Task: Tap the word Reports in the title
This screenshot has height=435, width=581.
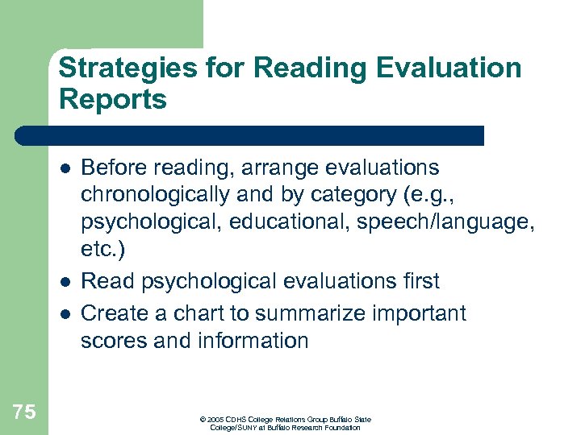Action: pyautogui.click(x=112, y=99)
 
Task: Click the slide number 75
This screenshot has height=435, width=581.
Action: pyautogui.click(x=24, y=412)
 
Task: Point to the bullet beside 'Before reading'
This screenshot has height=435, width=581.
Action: pyautogui.click(x=65, y=168)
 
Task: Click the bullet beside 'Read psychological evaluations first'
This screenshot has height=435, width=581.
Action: pyautogui.click(x=65, y=282)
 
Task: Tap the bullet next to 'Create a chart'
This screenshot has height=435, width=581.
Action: pyautogui.click(x=65, y=313)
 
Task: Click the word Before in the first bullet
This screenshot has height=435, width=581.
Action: pyautogui.click(x=115, y=168)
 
